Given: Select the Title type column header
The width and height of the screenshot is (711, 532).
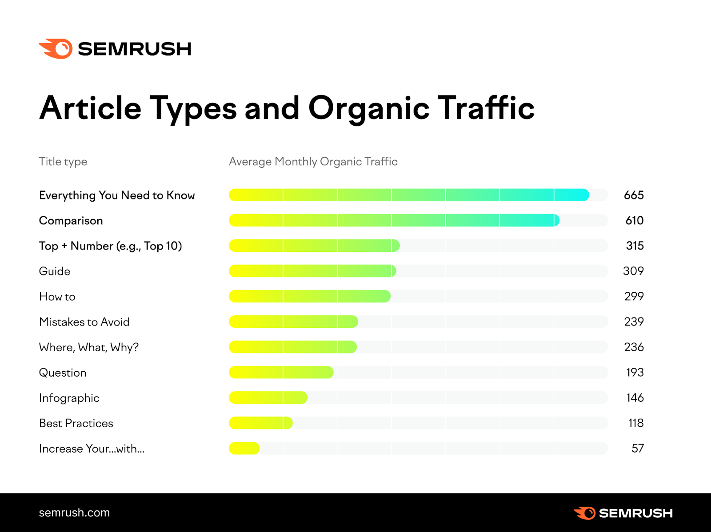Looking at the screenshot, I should tap(63, 162).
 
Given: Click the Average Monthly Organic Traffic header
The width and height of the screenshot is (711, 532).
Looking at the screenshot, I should tap(313, 162).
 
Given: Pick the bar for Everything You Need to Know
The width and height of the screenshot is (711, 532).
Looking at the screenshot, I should tap(409, 195).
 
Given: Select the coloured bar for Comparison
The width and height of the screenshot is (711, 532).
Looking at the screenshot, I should tap(394, 220).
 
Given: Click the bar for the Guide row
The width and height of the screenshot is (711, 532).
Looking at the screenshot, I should tap(312, 271).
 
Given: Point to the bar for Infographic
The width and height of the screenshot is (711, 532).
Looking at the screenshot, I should tap(268, 398).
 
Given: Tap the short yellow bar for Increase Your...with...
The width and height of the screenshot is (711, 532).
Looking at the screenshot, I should tap(244, 449).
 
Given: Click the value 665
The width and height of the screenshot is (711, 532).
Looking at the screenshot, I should tap(634, 195).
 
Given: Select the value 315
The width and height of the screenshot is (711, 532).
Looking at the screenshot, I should tap(635, 246).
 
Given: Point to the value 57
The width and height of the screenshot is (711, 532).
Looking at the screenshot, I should tap(638, 449).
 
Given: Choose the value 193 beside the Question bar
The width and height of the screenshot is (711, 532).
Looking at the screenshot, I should tap(635, 372).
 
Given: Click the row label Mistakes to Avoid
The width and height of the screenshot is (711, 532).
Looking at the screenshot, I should tap(84, 322).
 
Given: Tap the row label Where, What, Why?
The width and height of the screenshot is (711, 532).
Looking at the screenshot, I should tap(89, 347).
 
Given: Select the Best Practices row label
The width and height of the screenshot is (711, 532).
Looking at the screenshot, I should tap(76, 423).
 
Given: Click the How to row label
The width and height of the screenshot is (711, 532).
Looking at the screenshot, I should tap(57, 297).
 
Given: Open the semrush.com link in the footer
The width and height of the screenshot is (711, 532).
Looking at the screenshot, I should tap(74, 512).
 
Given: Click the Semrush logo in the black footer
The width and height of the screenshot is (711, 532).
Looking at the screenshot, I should tap(623, 513).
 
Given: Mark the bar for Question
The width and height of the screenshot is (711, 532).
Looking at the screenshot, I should tap(281, 372).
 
